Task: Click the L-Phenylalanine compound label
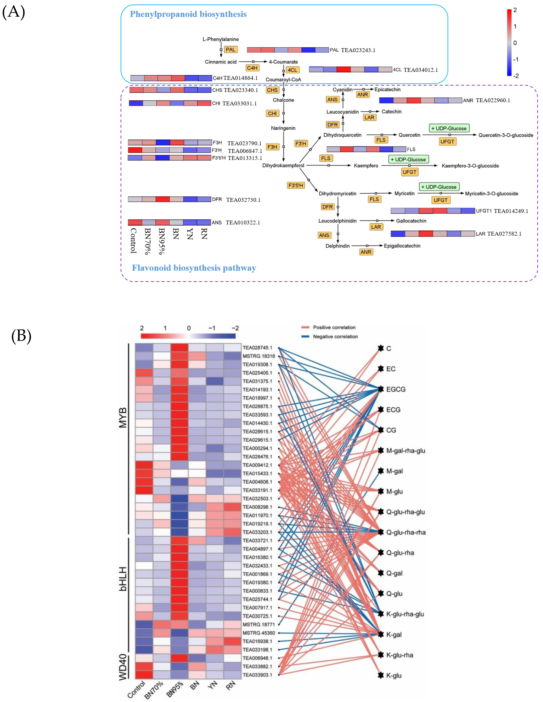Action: point(220,39)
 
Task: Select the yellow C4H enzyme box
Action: point(252,68)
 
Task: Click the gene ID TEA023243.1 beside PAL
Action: point(358,50)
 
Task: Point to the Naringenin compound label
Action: point(283,128)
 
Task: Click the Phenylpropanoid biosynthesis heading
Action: point(188,14)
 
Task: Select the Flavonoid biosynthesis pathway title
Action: point(194,268)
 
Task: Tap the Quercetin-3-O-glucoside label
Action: point(505,135)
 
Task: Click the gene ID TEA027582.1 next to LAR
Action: point(504,234)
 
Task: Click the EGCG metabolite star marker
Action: point(381,389)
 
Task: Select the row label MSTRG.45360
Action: point(258,633)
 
